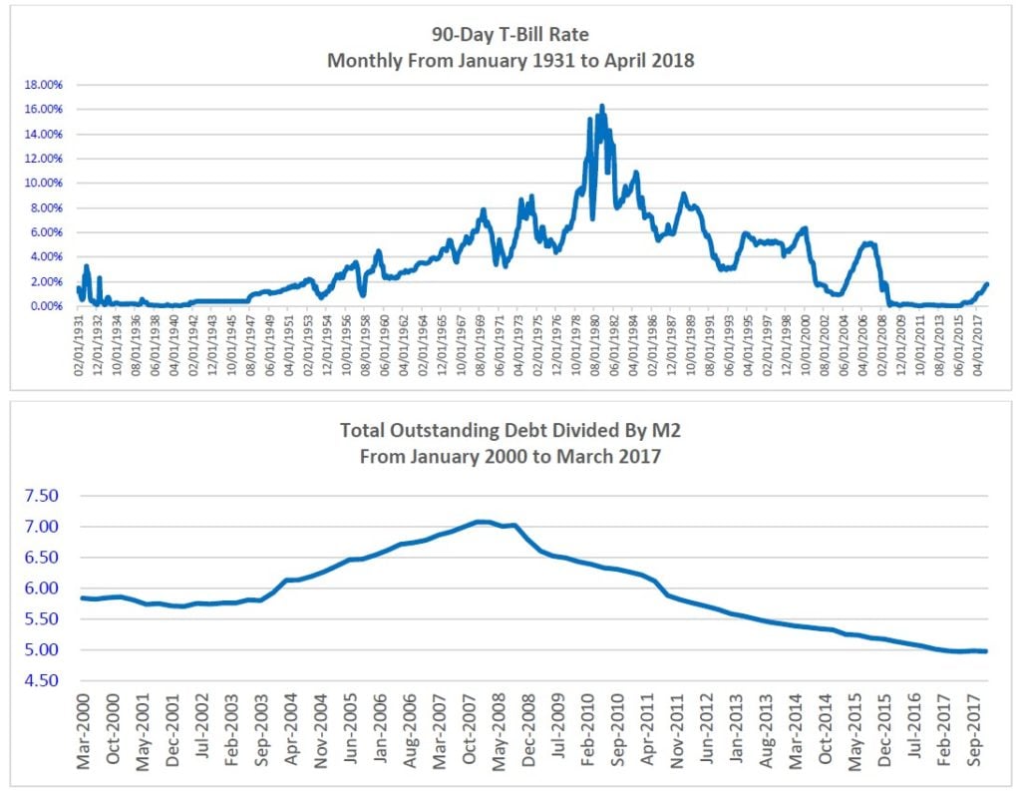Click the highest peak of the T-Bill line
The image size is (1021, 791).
point(601,106)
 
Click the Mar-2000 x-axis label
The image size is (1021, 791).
point(84,733)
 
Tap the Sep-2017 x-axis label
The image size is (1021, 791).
point(977,733)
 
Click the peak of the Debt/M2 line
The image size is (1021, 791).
point(482,521)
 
